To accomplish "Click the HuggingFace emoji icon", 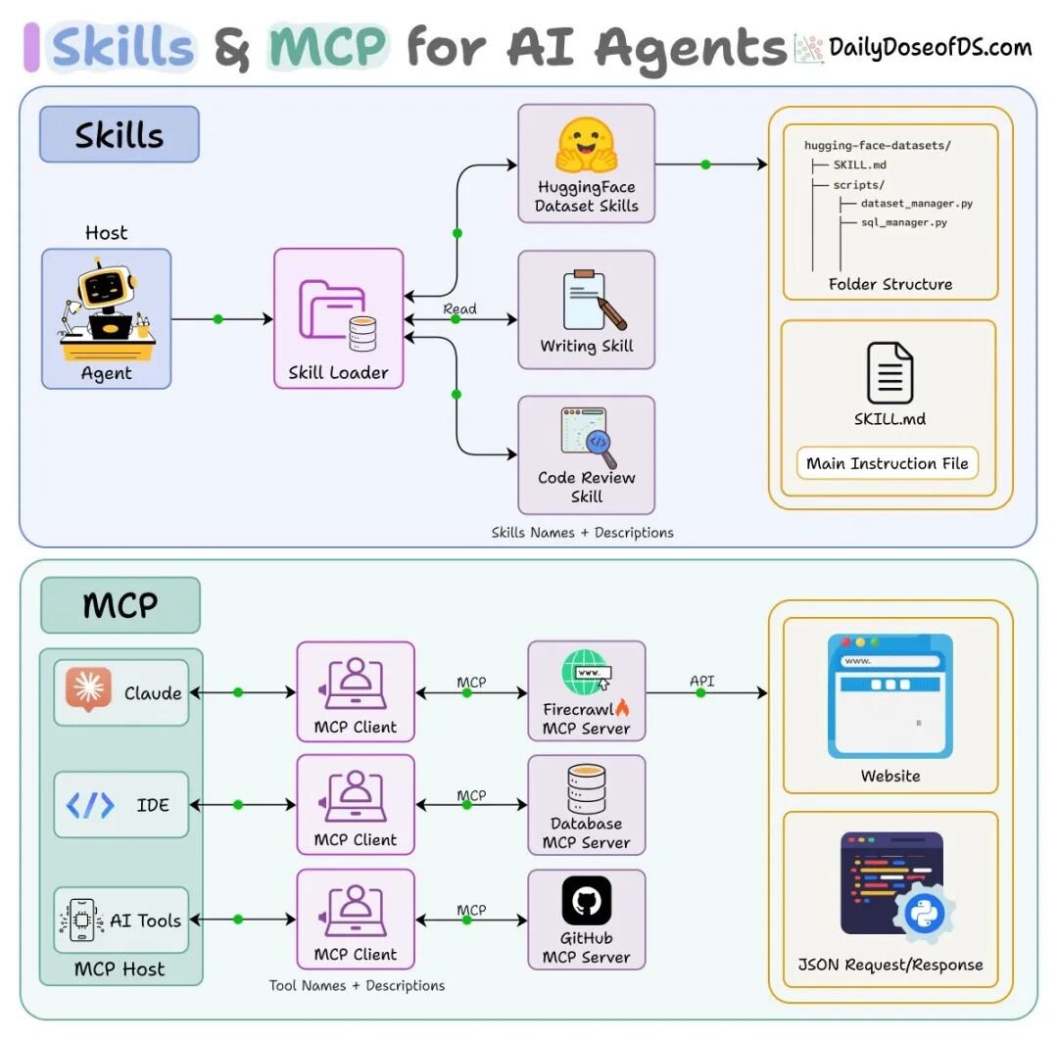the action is [x=587, y=146].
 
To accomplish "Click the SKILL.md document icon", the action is [x=890, y=373].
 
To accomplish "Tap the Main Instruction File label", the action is [x=888, y=463].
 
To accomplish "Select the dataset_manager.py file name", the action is [x=916, y=203].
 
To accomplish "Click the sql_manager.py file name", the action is [x=904, y=222].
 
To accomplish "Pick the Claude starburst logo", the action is [x=88, y=688].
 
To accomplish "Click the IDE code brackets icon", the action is [x=90, y=805].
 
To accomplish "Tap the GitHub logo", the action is [x=587, y=900].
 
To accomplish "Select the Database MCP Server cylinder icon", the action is [x=587, y=788].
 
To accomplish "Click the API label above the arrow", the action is [x=701, y=681].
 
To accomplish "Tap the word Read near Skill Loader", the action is [x=459, y=308].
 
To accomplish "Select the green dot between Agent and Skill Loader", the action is [x=217, y=319].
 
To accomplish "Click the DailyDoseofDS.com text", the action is [x=930, y=47].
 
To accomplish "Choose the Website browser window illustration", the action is [x=890, y=696].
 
